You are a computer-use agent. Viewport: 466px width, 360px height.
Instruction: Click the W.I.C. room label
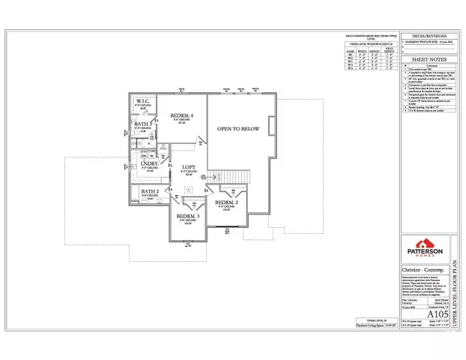coord(143,100)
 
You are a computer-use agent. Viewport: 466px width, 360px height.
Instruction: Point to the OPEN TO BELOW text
coord(238,129)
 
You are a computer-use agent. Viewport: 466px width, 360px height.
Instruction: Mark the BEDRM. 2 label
coord(226,202)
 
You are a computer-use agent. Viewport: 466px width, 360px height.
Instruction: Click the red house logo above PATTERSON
coord(424,243)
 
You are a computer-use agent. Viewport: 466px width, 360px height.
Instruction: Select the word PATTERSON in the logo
coord(424,252)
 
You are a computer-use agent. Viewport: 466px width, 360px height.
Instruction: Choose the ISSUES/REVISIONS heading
coord(425,36)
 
